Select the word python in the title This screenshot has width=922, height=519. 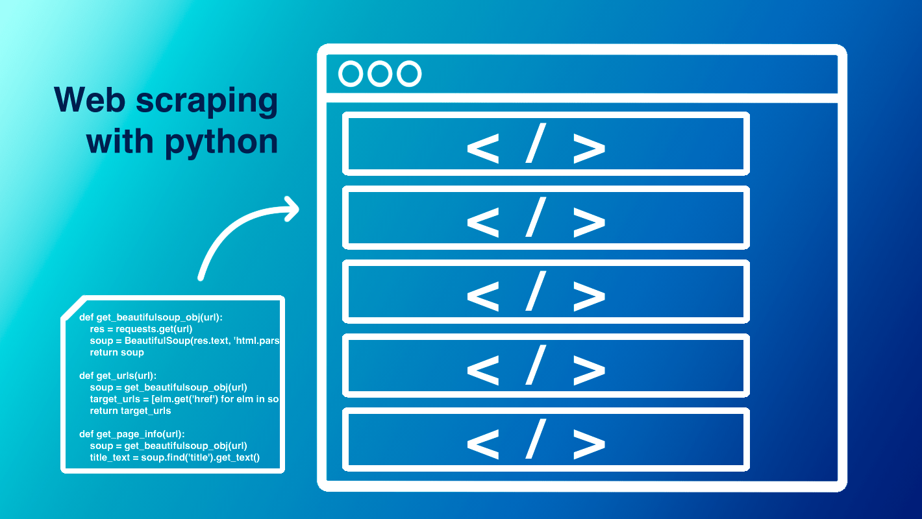(x=221, y=141)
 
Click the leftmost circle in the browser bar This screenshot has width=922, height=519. (x=351, y=74)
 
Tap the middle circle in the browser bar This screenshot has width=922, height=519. (x=380, y=74)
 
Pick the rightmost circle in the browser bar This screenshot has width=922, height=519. (x=409, y=74)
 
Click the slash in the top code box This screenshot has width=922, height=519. (x=536, y=144)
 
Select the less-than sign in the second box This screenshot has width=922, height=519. (x=483, y=219)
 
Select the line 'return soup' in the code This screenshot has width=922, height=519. (x=117, y=352)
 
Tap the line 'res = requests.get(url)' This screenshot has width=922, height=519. (x=141, y=329)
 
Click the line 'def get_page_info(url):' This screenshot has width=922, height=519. (x=132, y=434)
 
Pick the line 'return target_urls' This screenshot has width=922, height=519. (x=131, y=411)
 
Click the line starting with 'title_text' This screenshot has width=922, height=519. (x=175, y=458)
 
